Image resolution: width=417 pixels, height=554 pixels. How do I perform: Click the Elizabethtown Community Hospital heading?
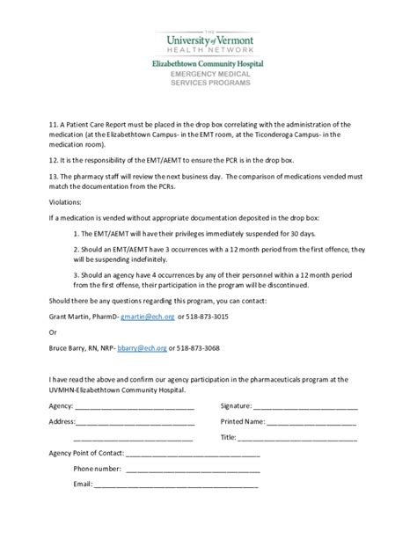click(x=208, y=64)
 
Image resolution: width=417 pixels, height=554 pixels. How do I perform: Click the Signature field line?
click(x=306, y=408)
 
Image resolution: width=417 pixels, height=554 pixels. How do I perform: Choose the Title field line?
click(x=298, y=438)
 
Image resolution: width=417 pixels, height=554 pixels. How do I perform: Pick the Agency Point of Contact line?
click(x=194, y=455)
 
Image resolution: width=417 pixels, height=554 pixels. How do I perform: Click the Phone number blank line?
click(x=192, y=470)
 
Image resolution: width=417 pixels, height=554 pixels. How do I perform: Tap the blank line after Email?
click(x=176, y=485)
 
